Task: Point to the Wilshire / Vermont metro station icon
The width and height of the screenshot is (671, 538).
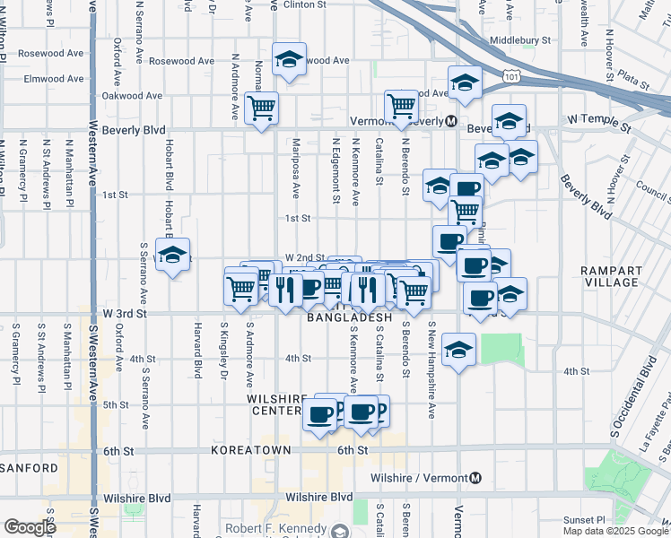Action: point(475,478)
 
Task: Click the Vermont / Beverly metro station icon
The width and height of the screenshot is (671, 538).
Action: point(451,121)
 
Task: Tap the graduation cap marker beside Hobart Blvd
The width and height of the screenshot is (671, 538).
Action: point(173,254)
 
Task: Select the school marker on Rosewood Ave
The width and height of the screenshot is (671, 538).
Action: point(289,60)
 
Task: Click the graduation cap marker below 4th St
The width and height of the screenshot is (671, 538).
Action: point(458,350)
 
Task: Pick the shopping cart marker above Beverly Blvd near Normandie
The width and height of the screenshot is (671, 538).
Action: point(261,109)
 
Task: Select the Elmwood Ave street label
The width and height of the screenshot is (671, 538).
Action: point(54,79)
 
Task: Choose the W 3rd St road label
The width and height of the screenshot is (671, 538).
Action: point(124,313)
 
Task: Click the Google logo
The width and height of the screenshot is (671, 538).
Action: point(30,527)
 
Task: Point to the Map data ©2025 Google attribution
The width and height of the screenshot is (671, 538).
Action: point(615,531)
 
